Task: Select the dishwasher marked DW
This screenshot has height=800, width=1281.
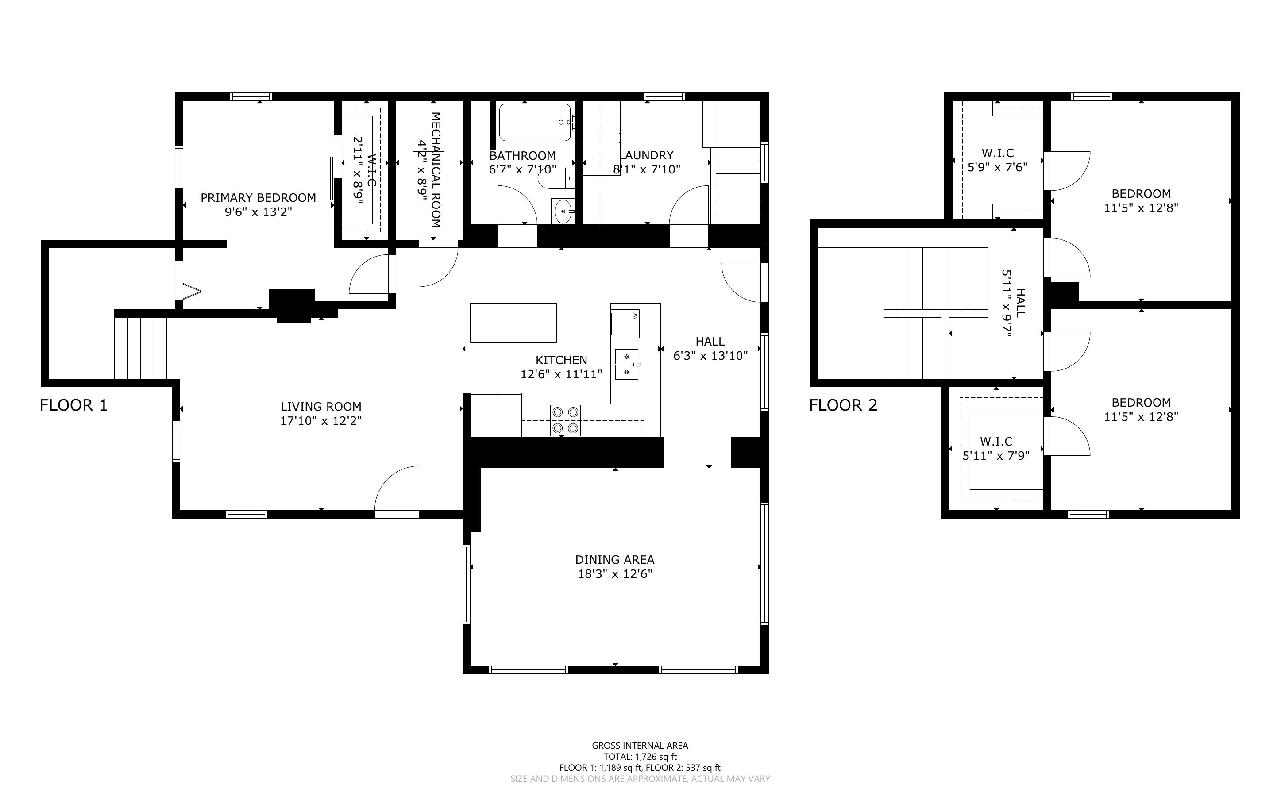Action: coord(625,324)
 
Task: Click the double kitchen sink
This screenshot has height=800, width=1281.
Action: coord(627,364)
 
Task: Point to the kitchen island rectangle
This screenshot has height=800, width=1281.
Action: coord(513,323)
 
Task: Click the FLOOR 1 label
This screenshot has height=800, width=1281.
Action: coord(74,405)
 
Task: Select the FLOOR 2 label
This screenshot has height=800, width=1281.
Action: coord(843,405)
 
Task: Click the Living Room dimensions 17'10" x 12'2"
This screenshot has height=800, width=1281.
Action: coord(321,421)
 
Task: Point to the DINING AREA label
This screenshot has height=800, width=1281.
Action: coord(615,559)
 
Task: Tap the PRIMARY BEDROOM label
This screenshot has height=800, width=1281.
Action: coord(258,197)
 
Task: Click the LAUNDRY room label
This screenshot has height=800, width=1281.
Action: coord(646,155)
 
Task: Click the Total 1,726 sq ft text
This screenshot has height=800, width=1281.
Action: coord(640,757)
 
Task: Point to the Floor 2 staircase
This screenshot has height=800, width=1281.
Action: coord(935,313)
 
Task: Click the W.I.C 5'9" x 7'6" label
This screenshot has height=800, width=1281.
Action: coord(998,160)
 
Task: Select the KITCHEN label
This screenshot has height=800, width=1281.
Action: coord(561,360)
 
